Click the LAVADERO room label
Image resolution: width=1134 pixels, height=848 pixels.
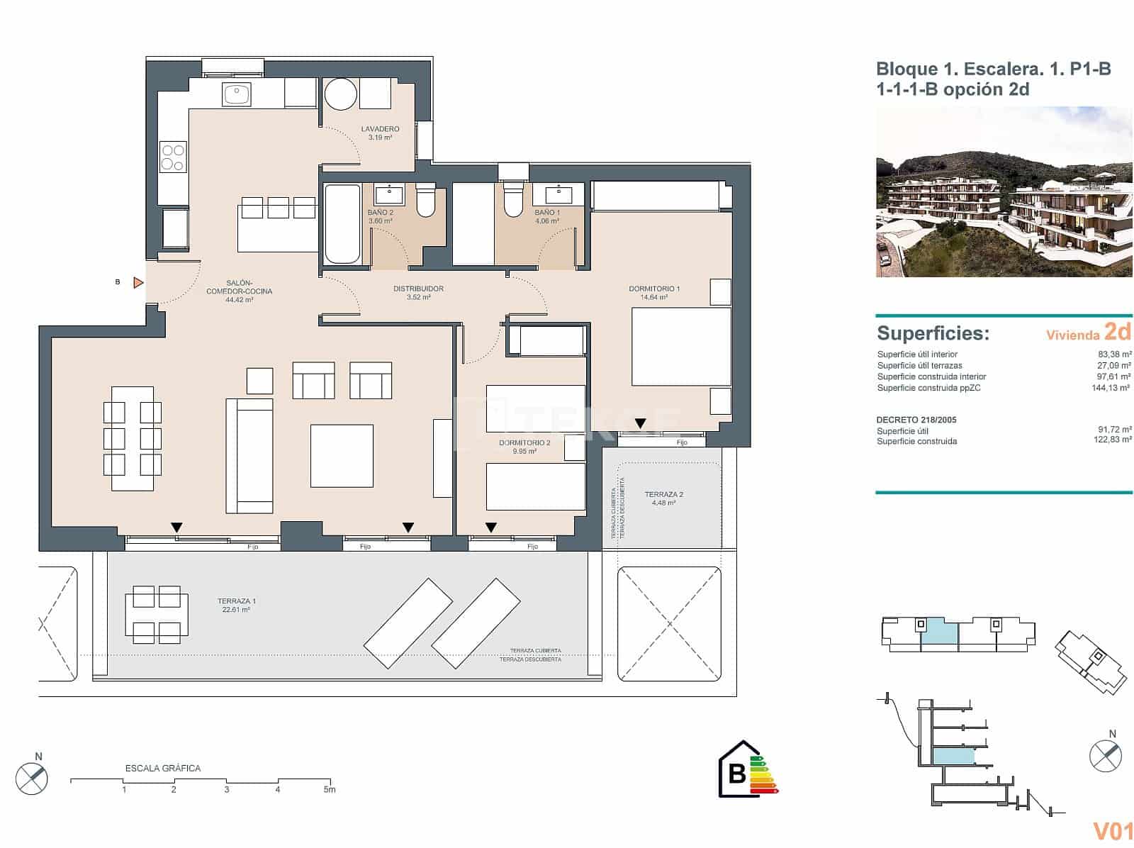(x=380, y=129)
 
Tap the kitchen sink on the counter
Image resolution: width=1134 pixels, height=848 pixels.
(x=237, y=94)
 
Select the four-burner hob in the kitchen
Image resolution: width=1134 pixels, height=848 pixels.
(x=172, y=157)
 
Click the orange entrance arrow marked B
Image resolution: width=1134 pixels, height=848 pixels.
(x=139, y=283)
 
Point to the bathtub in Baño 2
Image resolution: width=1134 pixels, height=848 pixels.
(x=342, y=224)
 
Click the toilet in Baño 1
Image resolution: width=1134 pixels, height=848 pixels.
(x=512, y=200)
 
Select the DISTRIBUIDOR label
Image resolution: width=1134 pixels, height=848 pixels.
(x=418, y=289)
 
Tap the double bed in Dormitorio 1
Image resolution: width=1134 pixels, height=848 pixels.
(x=680, y=346)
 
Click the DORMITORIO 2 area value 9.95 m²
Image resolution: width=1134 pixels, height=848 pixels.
(x=524, y=452)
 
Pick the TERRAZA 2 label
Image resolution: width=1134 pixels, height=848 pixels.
(x=663, y=495)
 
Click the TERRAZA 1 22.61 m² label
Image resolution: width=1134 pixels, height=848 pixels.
(x=237, y=606)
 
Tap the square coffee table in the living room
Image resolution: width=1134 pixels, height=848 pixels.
(x=342, y=455)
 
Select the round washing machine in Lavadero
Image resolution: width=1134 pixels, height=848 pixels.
(x=340, y=94)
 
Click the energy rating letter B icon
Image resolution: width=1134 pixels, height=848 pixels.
(x=737, y=772)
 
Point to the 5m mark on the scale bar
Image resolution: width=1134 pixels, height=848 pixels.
(x=330, y=789)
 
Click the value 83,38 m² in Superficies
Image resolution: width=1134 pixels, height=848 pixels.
(x=1114, y=355)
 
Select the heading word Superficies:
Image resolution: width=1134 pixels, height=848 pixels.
(x=933, y=333)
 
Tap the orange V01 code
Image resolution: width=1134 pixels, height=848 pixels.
(x=1113, y=830)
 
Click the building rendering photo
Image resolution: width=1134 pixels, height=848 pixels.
(x=1004, y=192)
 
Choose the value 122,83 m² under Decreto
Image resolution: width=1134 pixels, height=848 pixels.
(x=1112, y=441)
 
